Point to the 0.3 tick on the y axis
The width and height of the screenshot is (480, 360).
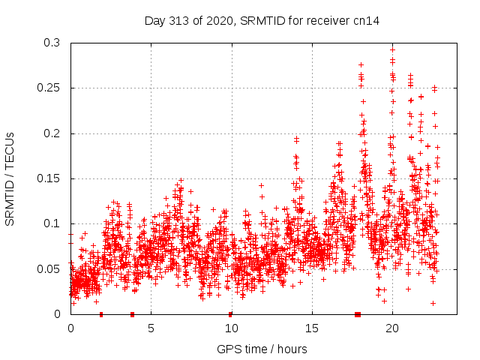pyautogui.click(x=52, y=43)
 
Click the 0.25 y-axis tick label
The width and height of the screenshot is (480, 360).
pyautogui.click(x=49, y=88)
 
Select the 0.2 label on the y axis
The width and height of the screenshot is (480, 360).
pyautogui.click(x=52, y=133)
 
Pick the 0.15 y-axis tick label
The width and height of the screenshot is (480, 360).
pyautogui.click(x=49, y=178)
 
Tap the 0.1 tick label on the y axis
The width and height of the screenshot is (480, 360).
pyautogui.click(x=52, y=223)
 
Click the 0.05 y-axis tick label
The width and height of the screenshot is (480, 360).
pyautogui.click(x=49, y=268)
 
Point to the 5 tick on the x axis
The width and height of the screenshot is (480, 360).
pyautogui.click(x=151, y=328)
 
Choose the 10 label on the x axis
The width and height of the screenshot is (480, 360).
pyautogui.click(x=231, y=328)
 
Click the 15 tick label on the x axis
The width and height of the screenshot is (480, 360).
pyautogui.click(x=311, y=328)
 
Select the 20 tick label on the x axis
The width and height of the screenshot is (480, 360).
pyautogui.click(x=391, y=328)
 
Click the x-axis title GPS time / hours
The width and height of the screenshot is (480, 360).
pyautogui.click(x=262, y=349)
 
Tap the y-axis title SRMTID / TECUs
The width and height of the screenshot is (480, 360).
pyautogui.click(x=10, y=178)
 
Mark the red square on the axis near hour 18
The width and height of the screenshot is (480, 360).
pyautogui.click(x=358, y=313)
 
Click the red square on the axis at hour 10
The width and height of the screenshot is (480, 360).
pyautogui.click(x=230, y=313)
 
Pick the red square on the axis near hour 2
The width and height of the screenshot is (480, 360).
pyautogui.click(x=101, y=313)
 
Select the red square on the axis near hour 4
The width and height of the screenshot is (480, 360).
pyautogui.click(x=132, y=313)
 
